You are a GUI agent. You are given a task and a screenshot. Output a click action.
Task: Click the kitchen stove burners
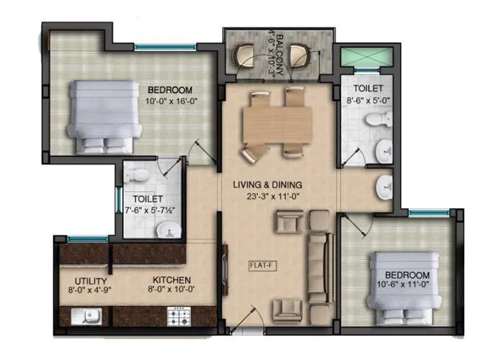tap(177, 314)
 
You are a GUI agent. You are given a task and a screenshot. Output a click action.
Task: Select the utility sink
tap(86, 315)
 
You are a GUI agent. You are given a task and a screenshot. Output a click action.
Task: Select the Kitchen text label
tap(171, 280)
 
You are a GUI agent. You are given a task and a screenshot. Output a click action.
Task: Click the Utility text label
tap(91, 281)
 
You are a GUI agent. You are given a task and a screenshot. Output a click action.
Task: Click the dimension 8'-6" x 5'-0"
tap(369, 101)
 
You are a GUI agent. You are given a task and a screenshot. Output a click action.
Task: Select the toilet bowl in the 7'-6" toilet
tap(142, 175)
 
